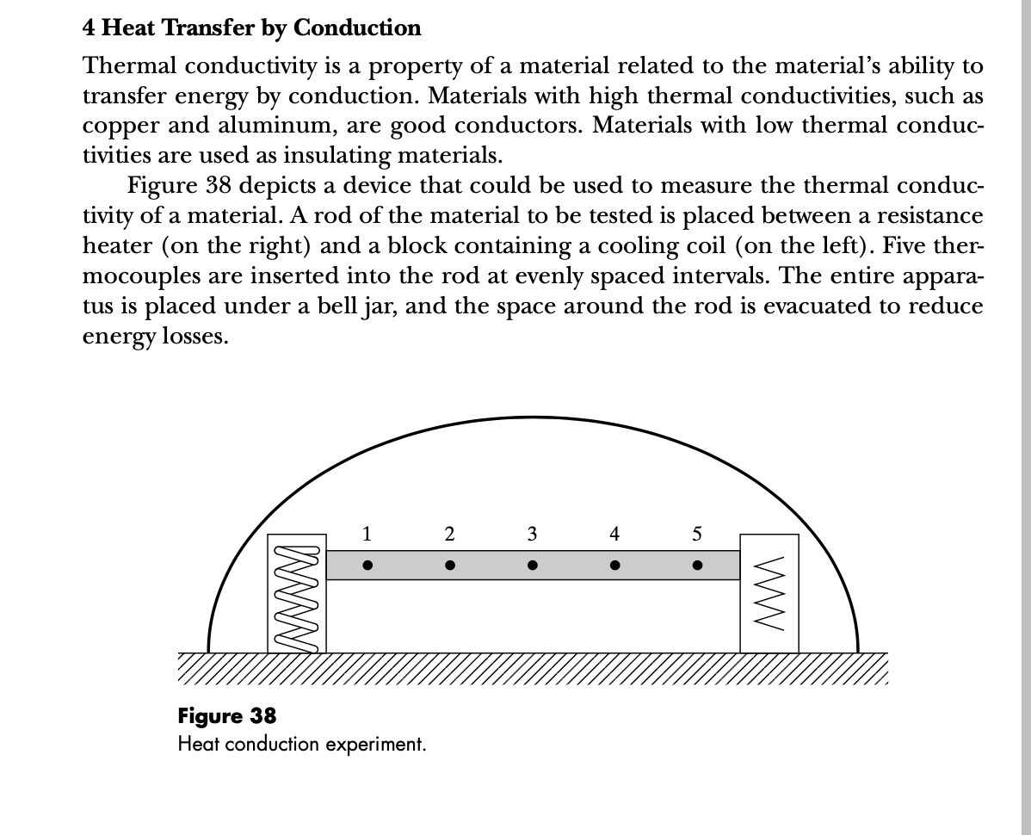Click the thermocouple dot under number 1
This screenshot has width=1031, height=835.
click(x=367, y=566)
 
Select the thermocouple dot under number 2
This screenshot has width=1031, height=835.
click(x=450, y=566)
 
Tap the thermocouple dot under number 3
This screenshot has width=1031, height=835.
click(x=533, y=566)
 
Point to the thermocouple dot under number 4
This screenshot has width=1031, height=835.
click(x=614, y=566)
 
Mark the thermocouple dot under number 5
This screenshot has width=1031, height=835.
click(x=697, y=566)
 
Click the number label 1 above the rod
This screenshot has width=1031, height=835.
click(x=367, y=534)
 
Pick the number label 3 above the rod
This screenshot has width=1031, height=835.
click(x=533, y=534)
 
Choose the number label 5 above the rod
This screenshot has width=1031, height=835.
click(x=697, y=534)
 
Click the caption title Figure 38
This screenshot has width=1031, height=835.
click(x=227, y=716)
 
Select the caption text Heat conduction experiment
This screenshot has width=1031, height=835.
click(x=302, y=744)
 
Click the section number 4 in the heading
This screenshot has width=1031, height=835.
click(x=89, y=28)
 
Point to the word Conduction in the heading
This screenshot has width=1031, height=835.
click(x=357, y=28)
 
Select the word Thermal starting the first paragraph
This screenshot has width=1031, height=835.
click(x=128, y=65)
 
